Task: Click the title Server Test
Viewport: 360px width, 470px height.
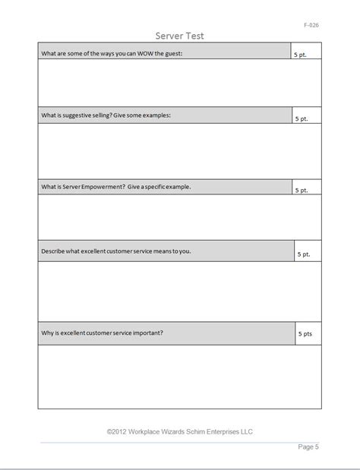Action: click(x=179, y=36)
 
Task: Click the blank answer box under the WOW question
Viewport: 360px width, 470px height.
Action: click(x=179, y=84)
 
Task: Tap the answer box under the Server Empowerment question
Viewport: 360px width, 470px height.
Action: click(x=179, y=217)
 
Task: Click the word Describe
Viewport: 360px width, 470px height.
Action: click(x=54, y=251)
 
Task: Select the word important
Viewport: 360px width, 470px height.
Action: click(x=146, y=332)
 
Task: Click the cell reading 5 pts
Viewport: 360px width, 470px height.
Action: click(x=308, y=333)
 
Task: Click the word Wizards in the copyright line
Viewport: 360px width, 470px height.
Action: click(x=182, y=431)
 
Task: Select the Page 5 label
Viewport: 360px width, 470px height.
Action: click(x=308, y=447)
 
